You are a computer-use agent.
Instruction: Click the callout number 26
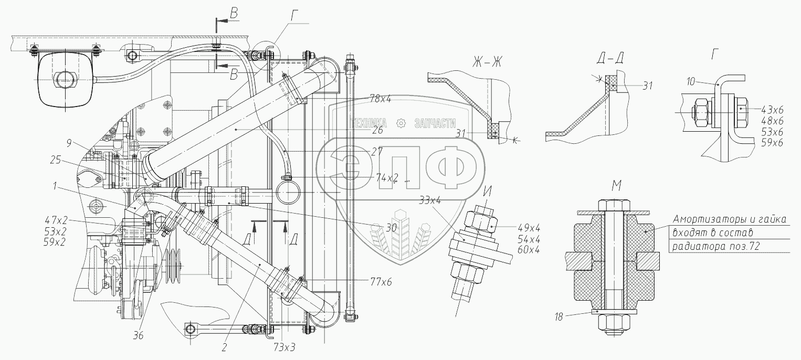pyautogui.click(x=376, y=132)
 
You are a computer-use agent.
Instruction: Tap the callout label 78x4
pyautogui.click(x=381, y=99)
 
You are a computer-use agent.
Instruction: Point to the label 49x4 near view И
pyautogui.click(x=529, y=227)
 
